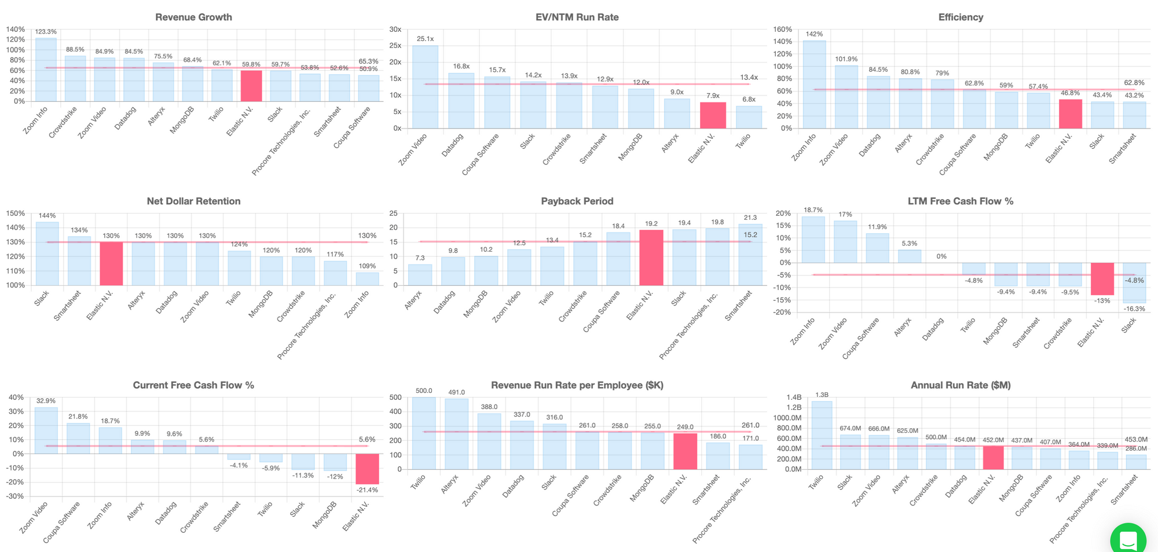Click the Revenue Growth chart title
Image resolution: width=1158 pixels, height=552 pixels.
pos(193,17)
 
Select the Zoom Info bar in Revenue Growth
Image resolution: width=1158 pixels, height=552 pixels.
pos(46,69)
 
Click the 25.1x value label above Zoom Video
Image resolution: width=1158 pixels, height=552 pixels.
pos(425,39)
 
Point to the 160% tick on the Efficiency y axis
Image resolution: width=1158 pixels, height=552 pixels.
pos(782,29)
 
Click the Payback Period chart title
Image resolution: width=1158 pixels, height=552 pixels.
pos(577,201)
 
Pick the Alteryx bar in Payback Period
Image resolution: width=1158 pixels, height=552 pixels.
pos(420,275)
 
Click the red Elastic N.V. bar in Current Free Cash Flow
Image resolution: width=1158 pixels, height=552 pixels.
pos(367,469)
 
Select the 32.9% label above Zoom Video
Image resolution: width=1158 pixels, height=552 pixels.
pos(46,400)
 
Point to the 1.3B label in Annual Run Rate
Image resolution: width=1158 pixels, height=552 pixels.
pos(822,395)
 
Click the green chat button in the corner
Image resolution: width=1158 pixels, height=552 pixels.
pos(1128,540)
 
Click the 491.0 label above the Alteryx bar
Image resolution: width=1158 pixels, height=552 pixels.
pos(456,392)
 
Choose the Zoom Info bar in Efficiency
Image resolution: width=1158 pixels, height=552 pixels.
pos(814,84)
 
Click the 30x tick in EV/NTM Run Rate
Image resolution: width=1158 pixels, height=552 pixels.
pos(395,29)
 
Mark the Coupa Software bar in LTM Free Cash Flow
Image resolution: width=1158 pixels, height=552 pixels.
pos(877,248)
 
